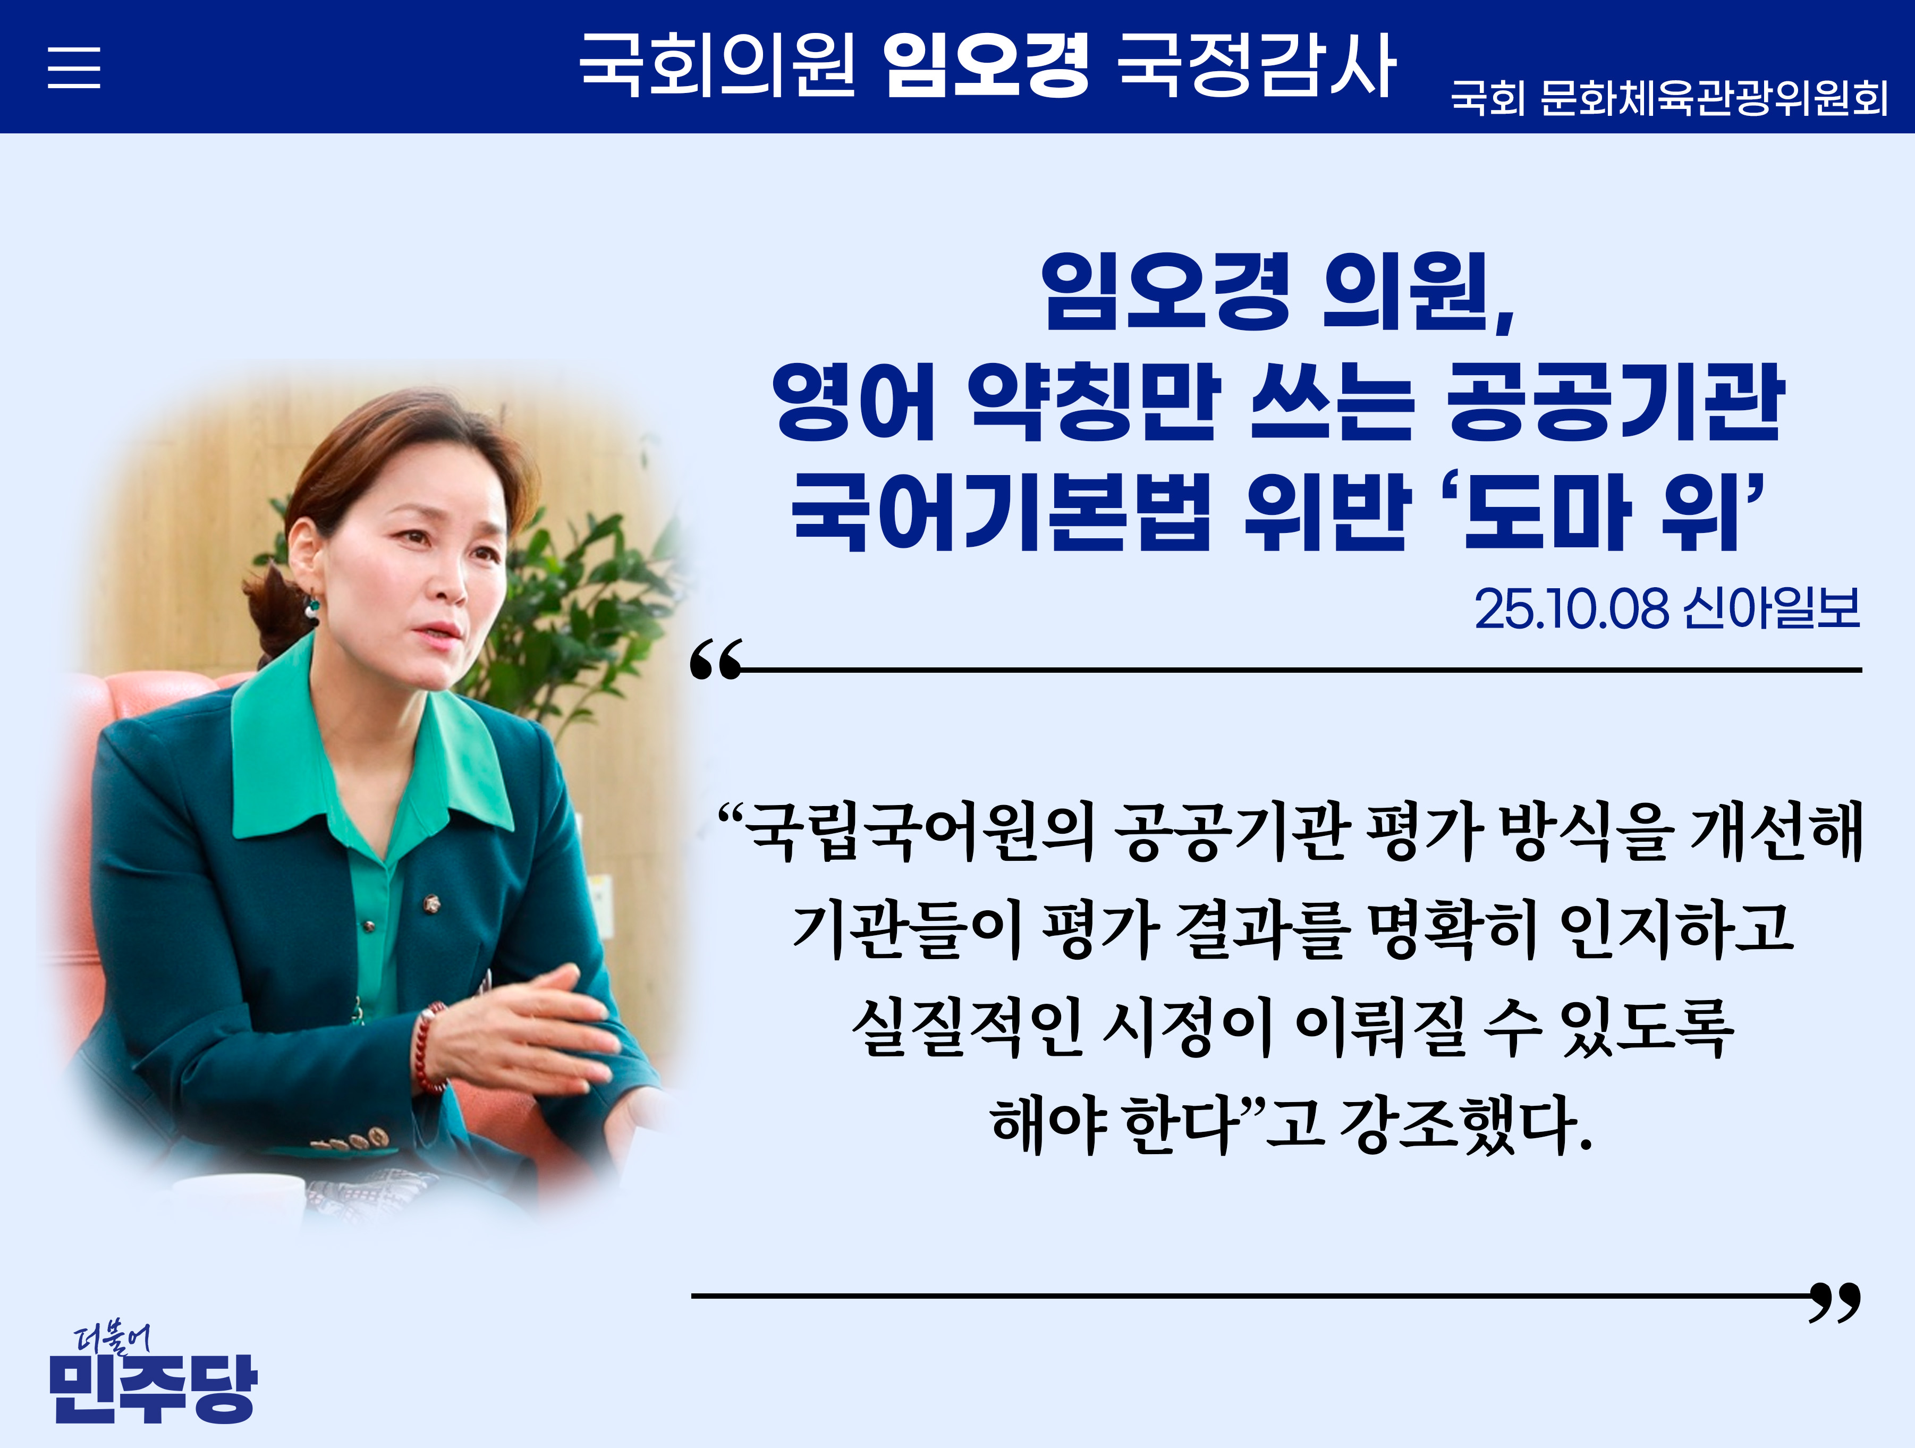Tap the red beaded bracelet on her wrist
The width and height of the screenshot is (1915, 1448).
click(429, 1047)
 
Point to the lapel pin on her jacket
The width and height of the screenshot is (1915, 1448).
click(431, 905)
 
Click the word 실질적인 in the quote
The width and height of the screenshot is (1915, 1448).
click(967, 1027)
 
